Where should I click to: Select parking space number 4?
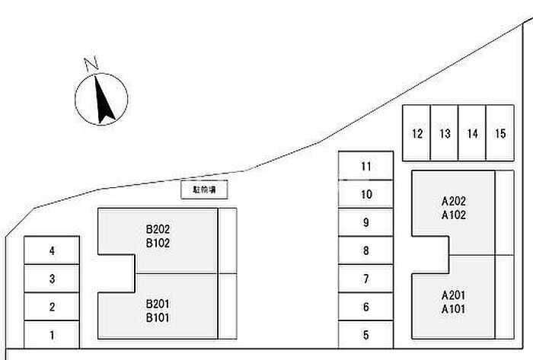tap(52, 250)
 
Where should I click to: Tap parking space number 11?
tap(366, 166)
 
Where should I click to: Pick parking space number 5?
tap(366, 334)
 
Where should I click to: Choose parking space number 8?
tap(366, 250)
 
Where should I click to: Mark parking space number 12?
tap(417, 134)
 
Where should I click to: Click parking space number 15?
tap(500, 134)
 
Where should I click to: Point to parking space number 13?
tap(445, 134)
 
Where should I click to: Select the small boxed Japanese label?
tap(204, 190)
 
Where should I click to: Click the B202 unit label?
tap(158, 228)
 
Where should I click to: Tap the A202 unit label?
tap(454, 202)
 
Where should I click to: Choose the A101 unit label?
tap(454, 309)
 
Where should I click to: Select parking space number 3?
tap(52, 279)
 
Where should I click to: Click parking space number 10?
tap(366, 194)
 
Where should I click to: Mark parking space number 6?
tap(366, 307)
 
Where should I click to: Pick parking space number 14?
tap(473, 134)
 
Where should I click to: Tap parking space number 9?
tap(366, 222)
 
